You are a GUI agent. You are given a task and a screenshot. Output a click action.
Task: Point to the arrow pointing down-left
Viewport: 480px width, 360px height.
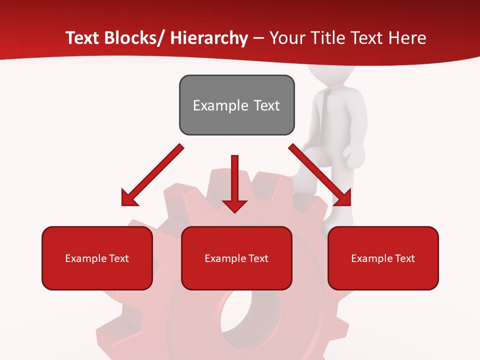pyautogui.click(x=152, y=175)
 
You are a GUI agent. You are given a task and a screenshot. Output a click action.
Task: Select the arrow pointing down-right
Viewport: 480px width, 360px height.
pyautogui.click(x=320, y=175)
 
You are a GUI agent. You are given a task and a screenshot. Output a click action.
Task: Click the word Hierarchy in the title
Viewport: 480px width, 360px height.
pyautogui.click(x=209, y=38)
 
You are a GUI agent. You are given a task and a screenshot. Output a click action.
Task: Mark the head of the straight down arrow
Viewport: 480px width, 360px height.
pyautogui.click(x=234, y=204)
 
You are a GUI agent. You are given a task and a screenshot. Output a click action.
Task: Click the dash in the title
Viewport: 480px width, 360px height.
pyautogui.click(x=258, y=38)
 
